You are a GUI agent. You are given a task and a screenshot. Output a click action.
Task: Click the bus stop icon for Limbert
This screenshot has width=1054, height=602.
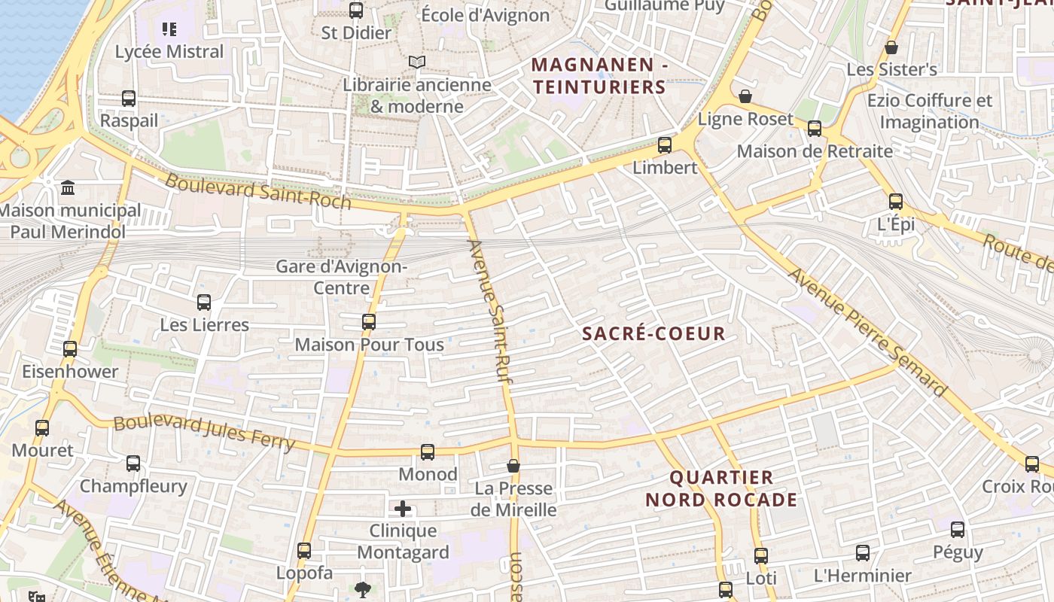664,145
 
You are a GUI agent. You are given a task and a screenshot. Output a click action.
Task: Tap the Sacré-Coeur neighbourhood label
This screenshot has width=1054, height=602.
654,333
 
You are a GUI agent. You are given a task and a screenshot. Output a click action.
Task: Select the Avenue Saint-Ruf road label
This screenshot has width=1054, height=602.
492,309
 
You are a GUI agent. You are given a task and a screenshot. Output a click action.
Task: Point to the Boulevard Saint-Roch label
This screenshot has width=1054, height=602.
257,191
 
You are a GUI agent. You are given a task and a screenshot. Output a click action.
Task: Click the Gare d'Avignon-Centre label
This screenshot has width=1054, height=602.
341,277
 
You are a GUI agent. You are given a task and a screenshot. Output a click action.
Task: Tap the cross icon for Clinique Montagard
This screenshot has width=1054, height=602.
403,509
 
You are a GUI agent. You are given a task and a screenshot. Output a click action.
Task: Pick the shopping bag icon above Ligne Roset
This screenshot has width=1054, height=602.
745,96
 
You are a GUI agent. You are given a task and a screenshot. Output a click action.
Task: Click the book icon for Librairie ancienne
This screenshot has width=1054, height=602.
416,62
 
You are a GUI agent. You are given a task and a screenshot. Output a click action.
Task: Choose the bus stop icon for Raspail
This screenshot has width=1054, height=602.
129,99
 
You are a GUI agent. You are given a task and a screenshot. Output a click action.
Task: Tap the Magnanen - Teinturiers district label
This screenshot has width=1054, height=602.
600,76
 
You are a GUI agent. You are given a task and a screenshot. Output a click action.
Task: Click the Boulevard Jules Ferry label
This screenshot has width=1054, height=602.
203,432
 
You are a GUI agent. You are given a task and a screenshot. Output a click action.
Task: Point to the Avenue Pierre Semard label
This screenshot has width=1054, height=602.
866,331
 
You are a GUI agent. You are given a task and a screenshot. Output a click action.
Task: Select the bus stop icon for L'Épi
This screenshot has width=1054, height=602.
895,202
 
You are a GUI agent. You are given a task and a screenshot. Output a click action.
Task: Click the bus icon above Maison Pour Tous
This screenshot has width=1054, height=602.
369,322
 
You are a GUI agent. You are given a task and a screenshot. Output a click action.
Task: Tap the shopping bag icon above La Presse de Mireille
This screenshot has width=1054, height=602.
513,466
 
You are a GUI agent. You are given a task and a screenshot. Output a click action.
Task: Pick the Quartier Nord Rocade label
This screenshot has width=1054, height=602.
721,488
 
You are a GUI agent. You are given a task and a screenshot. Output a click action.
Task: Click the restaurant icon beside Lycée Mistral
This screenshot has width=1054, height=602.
169,29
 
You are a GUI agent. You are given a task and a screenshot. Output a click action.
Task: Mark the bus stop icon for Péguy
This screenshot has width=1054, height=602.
958,530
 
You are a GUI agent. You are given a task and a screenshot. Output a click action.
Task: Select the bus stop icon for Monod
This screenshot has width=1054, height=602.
428,452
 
